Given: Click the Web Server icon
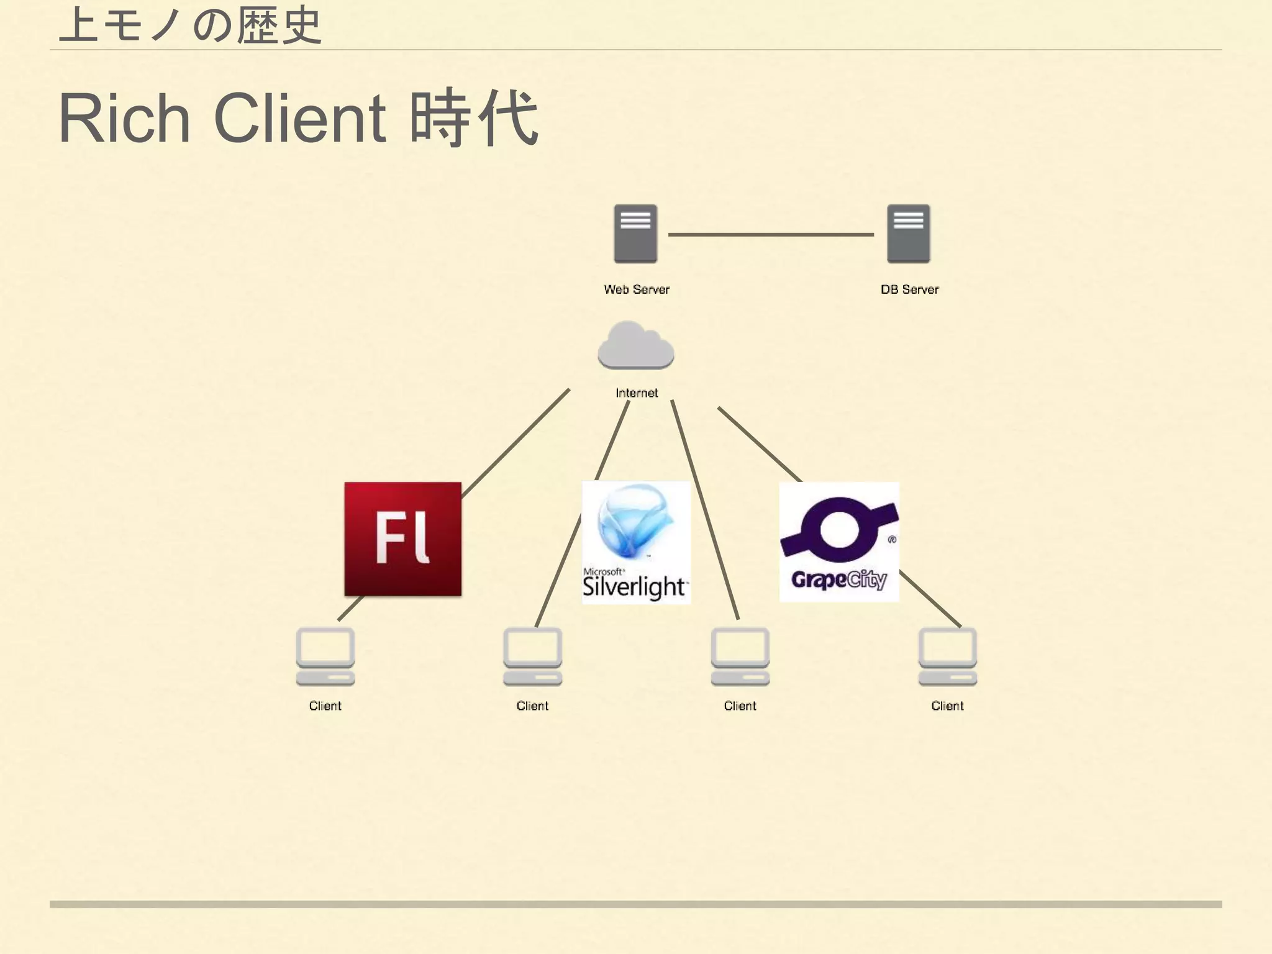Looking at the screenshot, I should tap(635, 234).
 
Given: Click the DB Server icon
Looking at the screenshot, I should tap(909, 234).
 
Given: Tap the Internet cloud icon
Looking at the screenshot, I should tap(636, 345).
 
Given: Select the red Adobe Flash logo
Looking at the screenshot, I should tap(403, 539).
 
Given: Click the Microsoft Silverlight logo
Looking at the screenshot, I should tap(636, 542).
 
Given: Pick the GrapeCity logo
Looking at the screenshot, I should tap(839, 542).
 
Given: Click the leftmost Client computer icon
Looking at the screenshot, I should tap(325, 656).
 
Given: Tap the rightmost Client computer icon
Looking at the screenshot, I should tap(948, 656).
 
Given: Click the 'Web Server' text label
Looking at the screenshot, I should tap(637, 289).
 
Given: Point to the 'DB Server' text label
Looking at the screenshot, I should tap(910, 289).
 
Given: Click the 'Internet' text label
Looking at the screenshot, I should tap(637, 393).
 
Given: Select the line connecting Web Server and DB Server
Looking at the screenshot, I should tap(771, 235).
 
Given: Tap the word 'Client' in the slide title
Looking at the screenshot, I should tap(300, 118).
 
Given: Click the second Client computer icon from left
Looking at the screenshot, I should tap(533, 656).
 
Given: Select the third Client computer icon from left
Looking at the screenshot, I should tap(740, 656).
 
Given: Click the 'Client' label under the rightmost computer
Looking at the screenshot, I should tap(948, 706).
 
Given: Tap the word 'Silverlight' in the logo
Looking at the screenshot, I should tap(634, 587).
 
